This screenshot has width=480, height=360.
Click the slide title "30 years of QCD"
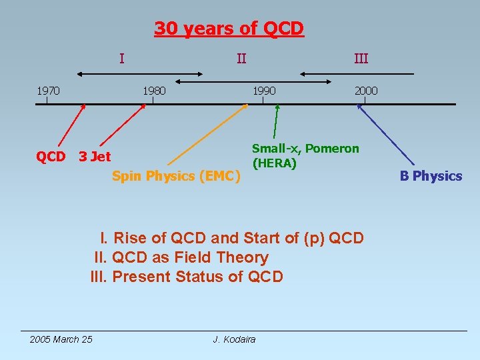229,29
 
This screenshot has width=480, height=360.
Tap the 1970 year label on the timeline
47,90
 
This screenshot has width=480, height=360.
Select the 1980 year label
153,90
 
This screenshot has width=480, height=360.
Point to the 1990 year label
263,90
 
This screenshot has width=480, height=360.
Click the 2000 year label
365,90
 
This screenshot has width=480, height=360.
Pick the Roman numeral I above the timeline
121,59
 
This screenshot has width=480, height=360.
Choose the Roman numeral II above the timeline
241,59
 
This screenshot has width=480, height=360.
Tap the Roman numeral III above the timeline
361,59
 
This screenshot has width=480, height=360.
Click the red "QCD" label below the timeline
51,157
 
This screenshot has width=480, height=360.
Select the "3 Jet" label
95,157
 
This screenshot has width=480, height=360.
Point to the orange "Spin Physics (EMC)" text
175,176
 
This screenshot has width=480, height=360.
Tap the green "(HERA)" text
274,163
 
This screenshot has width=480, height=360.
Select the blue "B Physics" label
431,176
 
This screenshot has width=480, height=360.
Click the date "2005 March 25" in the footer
61,340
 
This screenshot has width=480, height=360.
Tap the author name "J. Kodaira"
234,340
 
